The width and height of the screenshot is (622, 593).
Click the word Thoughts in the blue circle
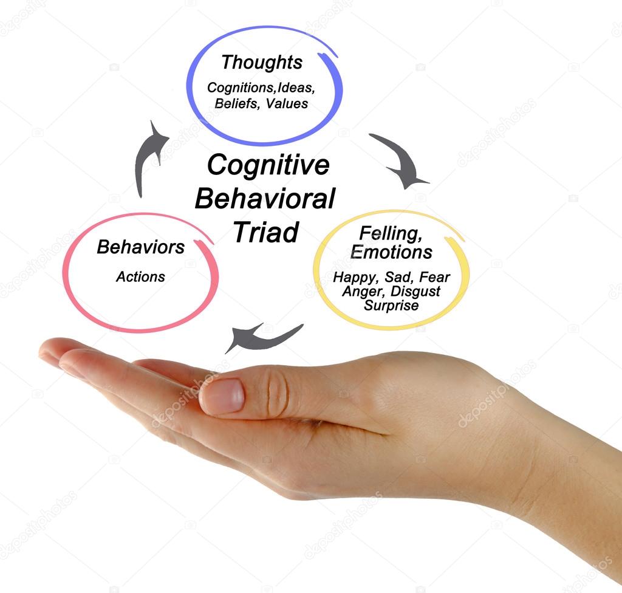[x=261, y=63]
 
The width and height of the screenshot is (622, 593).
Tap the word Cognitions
[x=234, y=87]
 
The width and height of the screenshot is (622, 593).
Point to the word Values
[x=287, y=103]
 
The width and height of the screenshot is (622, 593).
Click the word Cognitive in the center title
[x=268, y=165]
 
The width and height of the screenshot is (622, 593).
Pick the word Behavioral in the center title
[x=265, y=199]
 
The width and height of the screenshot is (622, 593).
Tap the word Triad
[x=266, y=232]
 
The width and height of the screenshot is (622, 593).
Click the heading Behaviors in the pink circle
[x=140, y=247]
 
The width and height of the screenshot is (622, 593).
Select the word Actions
[x=140, y=277]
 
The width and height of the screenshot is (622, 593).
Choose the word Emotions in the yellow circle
[x=391, y=252]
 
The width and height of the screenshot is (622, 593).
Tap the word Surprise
[x=391, y=306]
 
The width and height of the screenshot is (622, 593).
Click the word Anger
[x=360, y=292]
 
